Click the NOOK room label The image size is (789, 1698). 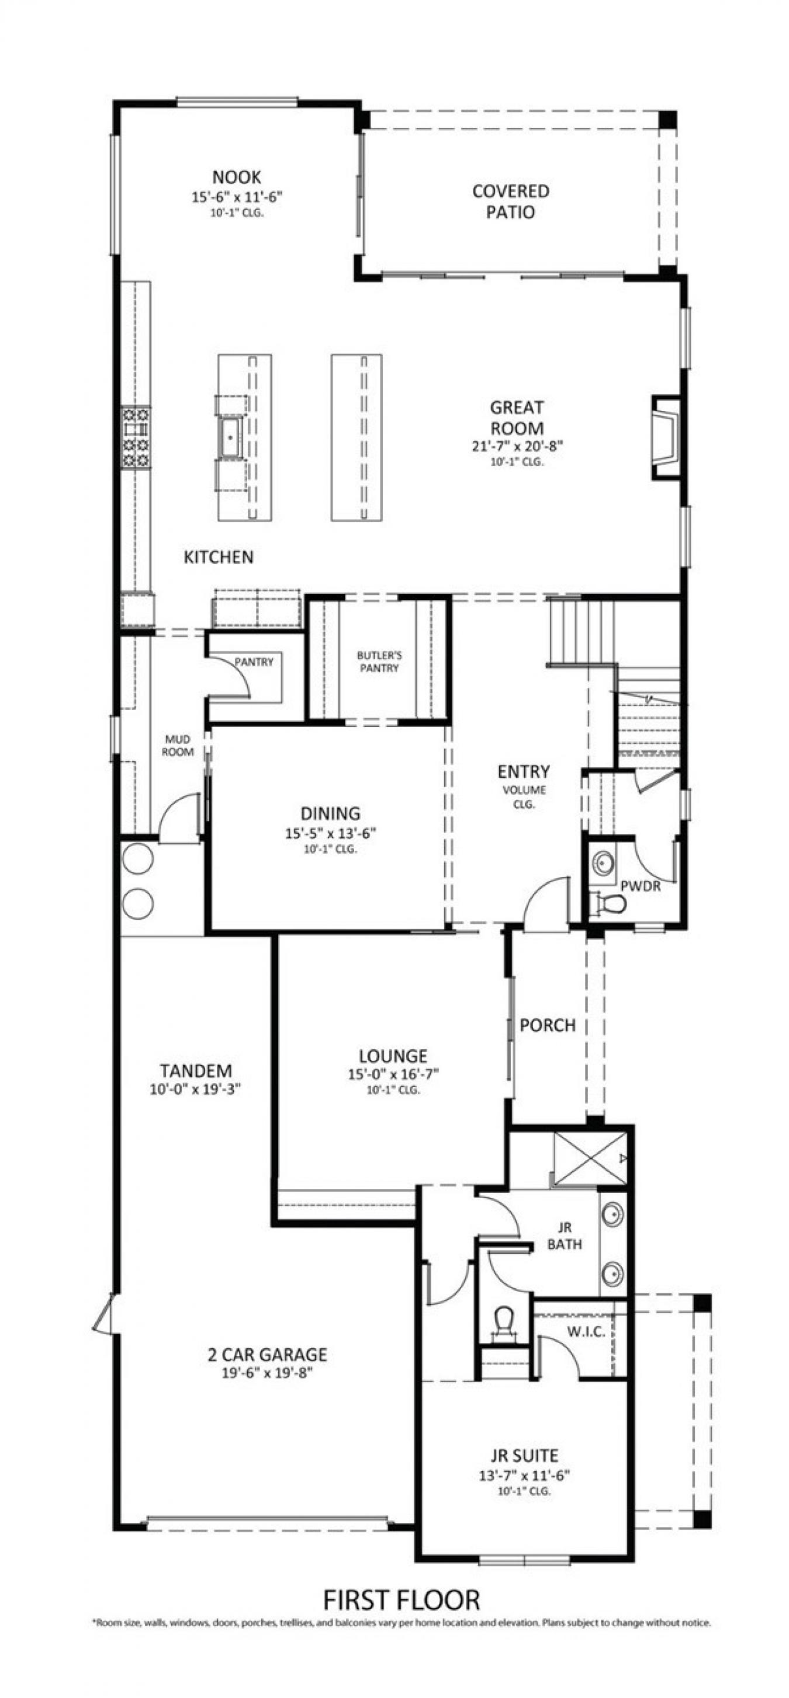pyautogui.click(x=237, y=177)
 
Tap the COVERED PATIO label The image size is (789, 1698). pyautogui.click(x=510, y=201)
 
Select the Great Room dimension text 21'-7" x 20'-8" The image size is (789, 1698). pyautogui.click(x=517, y=446)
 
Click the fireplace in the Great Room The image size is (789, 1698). pyautogui.click(x=665, y=438)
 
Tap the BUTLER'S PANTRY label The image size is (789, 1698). pyautogui.click(x=379, y=661)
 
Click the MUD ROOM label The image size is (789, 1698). pyautogui.click(x=178, y=746)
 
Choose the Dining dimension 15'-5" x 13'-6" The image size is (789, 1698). pyautogui.click(x=331, y=833)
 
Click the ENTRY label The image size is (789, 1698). pyautogui.click(x=523, y=771)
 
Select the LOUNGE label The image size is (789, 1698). pyautogui.click(x=393, y=1056)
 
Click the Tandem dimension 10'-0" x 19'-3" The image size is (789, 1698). pyautogui.click(x=195, y=1090)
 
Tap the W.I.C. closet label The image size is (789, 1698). pyautogui.click(x=586, y=1331)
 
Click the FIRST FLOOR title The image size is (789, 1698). pyautogui.click(x=401, y=1599)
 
